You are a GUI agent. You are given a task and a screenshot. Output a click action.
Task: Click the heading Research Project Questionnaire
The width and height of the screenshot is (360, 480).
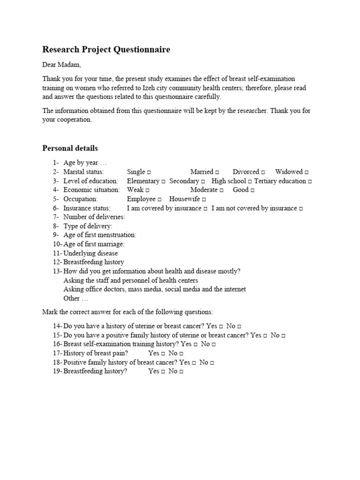pos(106,50)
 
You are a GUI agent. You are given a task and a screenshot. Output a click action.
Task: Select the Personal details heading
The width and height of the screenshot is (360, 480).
pos(70,148)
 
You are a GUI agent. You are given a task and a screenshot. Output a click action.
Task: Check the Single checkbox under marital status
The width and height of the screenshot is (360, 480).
pos(149,172)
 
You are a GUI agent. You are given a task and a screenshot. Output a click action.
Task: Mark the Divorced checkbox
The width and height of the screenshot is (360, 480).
pos(263,172)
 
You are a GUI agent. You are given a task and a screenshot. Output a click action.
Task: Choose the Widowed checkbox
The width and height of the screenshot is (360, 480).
pos(307,172)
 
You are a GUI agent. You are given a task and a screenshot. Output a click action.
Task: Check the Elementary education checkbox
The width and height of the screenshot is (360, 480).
pos(164,181)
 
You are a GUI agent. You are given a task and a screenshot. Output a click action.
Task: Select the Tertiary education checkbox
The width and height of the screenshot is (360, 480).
pos(310,181)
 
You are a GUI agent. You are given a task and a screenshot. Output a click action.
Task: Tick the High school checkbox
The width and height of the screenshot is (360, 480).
pos(250,181)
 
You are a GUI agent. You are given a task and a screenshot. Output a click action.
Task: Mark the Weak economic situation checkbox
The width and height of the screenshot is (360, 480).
pos(148,190)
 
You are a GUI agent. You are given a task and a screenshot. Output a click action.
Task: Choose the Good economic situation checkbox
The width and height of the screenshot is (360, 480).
pos(252,190)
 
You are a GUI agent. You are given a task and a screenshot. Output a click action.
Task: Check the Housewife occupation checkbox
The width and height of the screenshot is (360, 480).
pos(204,199)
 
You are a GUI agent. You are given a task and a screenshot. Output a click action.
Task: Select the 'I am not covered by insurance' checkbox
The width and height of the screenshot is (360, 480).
pos(300,209)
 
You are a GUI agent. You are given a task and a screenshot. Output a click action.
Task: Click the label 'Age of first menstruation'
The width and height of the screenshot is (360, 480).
pos(99,235)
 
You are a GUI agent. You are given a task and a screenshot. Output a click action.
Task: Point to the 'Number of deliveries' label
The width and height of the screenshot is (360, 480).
pos(94,217)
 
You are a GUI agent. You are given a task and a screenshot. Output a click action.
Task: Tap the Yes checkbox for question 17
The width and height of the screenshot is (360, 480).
pos(163,353)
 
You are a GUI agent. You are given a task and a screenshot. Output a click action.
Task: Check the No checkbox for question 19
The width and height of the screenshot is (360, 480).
pos(181,372)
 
